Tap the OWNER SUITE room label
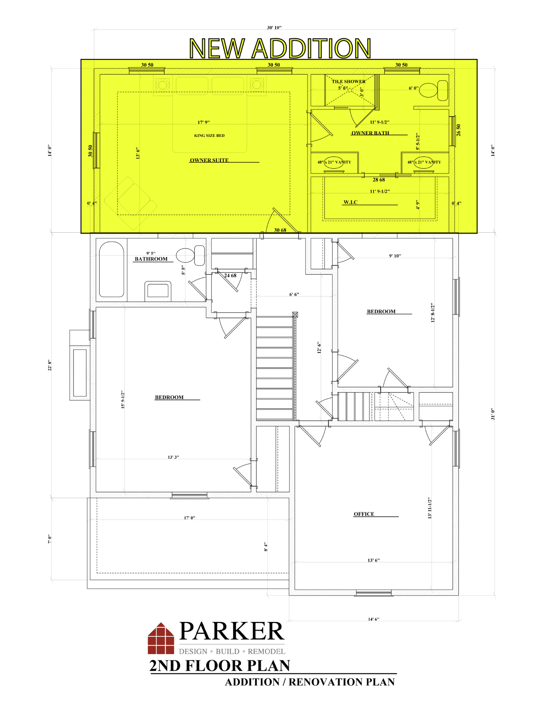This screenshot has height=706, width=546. (x=209, y=160)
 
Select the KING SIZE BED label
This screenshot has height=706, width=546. (x=209, y=136)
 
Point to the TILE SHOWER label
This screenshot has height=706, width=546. (x=348, y=82)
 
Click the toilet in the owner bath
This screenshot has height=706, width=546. (x=434, y=90)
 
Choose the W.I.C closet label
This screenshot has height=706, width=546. (x=351, y=202)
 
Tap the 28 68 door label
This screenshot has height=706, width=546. (x=379, y=180)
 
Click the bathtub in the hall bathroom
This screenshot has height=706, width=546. (x=112, y=269)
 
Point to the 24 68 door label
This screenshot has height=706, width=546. (x=230, y=276)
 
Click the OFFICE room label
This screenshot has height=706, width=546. (x=364, y=514)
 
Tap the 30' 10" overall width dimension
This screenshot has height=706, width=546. (x=274, y=28)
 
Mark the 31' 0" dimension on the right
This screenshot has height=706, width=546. (x=493, y=414)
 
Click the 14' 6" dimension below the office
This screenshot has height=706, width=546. (x=374, y=619)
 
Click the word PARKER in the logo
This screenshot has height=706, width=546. (x=232, y=631)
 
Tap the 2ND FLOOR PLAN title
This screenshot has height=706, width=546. (x=219, y=666)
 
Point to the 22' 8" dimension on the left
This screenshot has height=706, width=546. (x=50, y=365)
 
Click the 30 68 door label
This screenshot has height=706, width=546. (x=280, y=230)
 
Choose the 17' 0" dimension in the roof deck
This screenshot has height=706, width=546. (x=189, y=518)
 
